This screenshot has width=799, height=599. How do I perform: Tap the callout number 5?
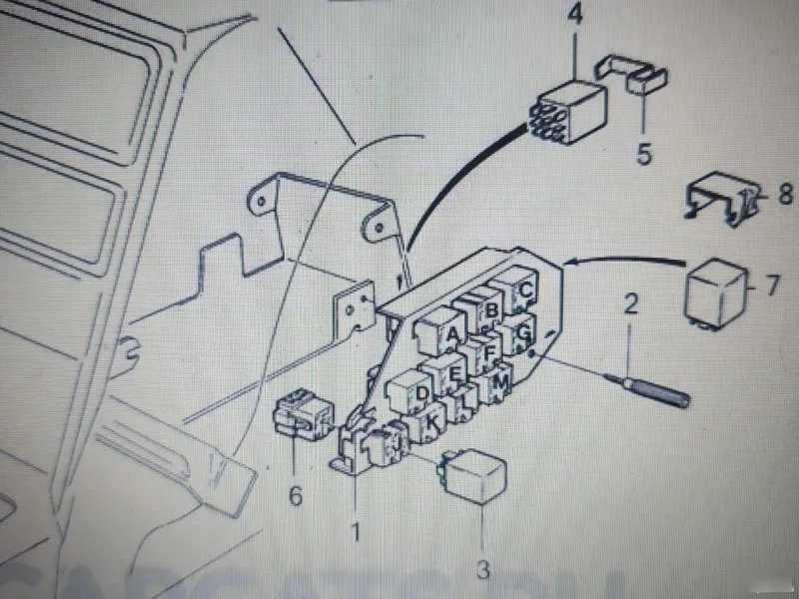point(643,155)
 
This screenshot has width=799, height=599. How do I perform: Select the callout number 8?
point(785,194)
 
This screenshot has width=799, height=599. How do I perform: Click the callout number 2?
point(630,304)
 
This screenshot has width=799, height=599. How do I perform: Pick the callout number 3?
point(483,570)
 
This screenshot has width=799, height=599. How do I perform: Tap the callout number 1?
point(355,531)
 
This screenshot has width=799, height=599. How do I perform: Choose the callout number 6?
point(295,493)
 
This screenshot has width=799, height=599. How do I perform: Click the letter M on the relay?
point(501,380)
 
